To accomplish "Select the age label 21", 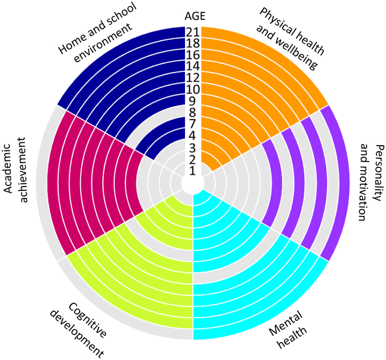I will [x=192, y=32].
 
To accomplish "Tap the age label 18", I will [x=192, y=44].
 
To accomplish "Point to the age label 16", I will [x=192, y=55].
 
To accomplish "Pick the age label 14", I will [x=192, y=66].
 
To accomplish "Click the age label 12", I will [x=192, y=78].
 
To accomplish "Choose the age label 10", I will [x=192, y=90].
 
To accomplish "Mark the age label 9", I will [x=192, y=101].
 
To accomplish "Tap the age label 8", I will [x=192, y=112].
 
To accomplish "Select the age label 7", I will [x=192, y=124].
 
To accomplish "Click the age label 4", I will [x=192, y=135].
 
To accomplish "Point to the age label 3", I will [x=192, y=147].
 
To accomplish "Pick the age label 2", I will [x=192, y=159].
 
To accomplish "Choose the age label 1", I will [x=192, y=170].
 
